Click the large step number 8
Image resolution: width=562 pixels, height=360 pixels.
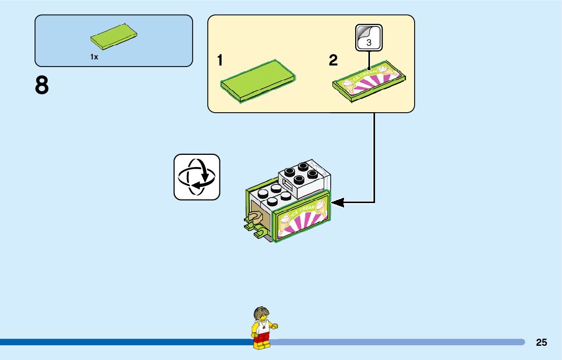point(42,86)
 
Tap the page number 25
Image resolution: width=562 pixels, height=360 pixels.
point(541,342)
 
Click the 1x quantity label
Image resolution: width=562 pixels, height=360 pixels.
point(94,57)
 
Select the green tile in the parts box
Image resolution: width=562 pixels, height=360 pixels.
point(114,37)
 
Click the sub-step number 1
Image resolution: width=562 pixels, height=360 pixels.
point(220,61)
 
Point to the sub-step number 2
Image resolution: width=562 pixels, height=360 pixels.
point(333,61)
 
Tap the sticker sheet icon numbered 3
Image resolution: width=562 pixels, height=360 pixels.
point(368,38)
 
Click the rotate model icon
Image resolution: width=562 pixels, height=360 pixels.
point(197,177)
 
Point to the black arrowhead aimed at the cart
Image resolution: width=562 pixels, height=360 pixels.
point(336,203)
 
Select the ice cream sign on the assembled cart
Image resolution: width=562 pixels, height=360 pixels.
point(303,219)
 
